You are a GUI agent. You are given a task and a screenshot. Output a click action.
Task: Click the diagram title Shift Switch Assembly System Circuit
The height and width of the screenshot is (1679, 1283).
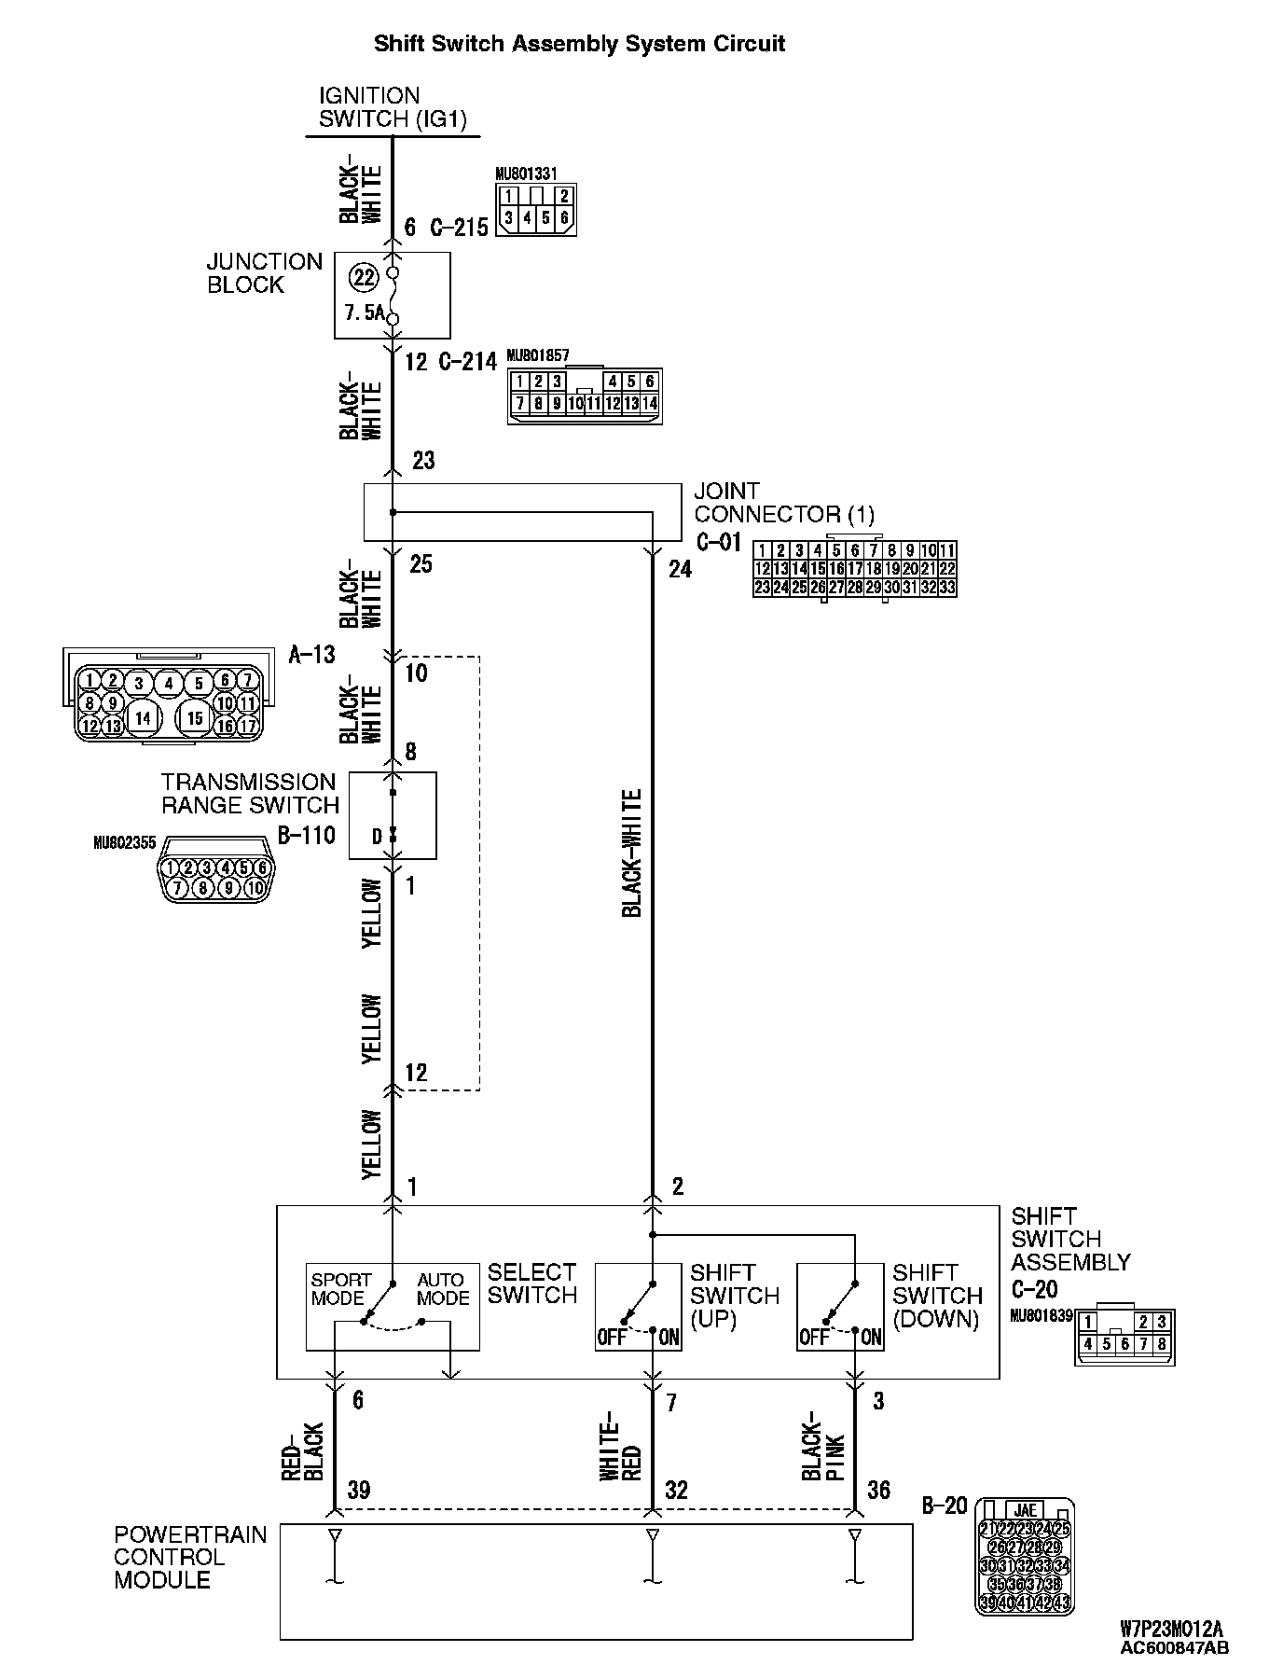(x=579, y=44)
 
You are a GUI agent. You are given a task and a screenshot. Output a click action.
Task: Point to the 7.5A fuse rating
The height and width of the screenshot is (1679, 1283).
(x=365, y=312)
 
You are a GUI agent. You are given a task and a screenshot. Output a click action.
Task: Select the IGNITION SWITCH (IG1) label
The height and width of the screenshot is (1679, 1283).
(x=392, y=107)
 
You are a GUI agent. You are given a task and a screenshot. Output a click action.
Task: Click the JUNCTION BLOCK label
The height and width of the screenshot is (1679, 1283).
(x=264, y=273)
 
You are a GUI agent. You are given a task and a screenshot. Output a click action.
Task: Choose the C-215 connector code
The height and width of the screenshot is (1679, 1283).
(x=460, y=228)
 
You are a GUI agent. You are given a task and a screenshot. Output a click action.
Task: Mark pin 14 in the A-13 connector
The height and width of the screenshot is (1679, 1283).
(x=143, y=718)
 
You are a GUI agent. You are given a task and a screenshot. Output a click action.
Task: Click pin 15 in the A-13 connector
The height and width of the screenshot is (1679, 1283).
(x=194, y=718)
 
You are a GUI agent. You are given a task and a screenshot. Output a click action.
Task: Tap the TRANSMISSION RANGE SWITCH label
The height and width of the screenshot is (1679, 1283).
(x=249, y=794)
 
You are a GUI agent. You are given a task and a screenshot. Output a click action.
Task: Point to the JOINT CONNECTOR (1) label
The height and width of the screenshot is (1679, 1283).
(x=784, y=503)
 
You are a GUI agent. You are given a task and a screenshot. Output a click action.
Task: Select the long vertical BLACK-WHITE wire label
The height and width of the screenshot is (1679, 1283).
(x=632, y=853)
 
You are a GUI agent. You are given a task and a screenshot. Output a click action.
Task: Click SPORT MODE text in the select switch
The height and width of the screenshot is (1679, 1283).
(x=340, y=1289)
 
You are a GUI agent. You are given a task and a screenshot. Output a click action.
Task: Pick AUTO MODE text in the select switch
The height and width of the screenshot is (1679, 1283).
(x=443, y=1289)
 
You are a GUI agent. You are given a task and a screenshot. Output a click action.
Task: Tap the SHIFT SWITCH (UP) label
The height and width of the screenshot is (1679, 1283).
(x=734, y=1296)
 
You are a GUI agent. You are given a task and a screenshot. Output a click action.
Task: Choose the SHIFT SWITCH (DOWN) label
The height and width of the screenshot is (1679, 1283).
(x=936, y=1296)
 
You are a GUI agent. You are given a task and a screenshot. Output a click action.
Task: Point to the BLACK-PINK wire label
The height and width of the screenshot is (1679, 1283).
(x=823, y=1446)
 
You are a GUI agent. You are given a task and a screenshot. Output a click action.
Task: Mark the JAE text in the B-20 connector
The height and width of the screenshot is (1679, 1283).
(x=1025, y=1510)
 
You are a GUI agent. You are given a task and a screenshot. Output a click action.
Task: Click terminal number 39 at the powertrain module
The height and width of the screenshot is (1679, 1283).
(x=359, y=1491)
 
